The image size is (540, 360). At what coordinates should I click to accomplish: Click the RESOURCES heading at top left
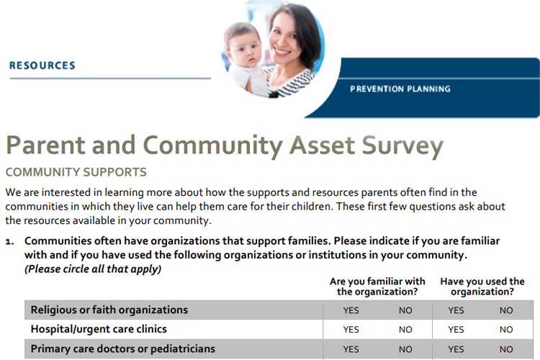[42, 66]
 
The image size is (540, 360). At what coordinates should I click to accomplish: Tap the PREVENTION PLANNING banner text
[400, 89]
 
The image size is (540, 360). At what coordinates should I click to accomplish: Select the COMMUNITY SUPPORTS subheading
[76, 172]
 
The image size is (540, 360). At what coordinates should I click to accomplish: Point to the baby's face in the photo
[245, 48]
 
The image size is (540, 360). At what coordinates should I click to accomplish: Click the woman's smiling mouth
[282, 52]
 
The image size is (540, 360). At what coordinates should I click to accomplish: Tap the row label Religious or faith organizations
[109, 310]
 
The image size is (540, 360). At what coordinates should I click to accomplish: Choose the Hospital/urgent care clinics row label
[99, 329]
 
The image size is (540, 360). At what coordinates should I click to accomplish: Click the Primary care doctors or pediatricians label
[123, 349]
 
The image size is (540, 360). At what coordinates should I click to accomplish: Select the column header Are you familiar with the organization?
[377, 287]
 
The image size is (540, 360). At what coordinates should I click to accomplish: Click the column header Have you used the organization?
[482, 287]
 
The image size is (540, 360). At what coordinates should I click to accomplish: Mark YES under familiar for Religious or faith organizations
[351, 310]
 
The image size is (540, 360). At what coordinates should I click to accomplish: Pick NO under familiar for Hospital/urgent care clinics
[405, 330]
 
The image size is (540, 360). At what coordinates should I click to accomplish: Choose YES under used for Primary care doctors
[456, 349]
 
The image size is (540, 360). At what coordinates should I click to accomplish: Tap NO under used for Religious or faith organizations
[506, 310]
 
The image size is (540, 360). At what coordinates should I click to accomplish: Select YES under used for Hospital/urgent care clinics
[456, 330]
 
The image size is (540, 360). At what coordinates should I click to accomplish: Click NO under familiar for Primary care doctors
[405, 349]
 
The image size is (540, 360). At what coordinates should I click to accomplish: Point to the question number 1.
[9, 242]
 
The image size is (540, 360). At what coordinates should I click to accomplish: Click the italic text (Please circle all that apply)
[93, 269]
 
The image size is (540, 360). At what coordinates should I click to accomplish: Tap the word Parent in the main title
[45, 145]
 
